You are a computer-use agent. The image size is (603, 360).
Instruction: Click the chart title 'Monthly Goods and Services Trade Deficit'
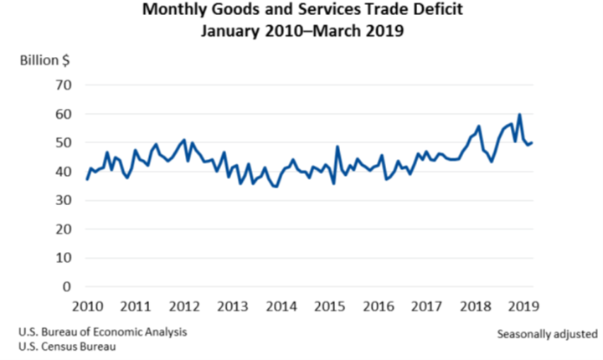click(x=301, y=12)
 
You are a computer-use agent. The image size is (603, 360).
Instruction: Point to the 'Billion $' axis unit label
click(x=44, y=62)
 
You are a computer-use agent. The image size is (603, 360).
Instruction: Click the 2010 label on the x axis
click(x=87, y=306)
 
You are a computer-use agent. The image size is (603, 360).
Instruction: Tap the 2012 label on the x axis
click(x=183, y=306)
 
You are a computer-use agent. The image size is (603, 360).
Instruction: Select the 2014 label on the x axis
click(x=281, y=306)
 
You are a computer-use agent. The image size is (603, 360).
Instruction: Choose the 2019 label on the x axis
click(x=523, y=306)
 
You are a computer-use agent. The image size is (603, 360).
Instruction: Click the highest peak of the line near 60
click(x=519, y=115)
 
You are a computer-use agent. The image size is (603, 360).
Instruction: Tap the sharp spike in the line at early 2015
click(x=338, y=147)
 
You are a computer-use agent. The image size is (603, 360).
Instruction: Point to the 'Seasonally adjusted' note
click(x=547, y=333)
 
